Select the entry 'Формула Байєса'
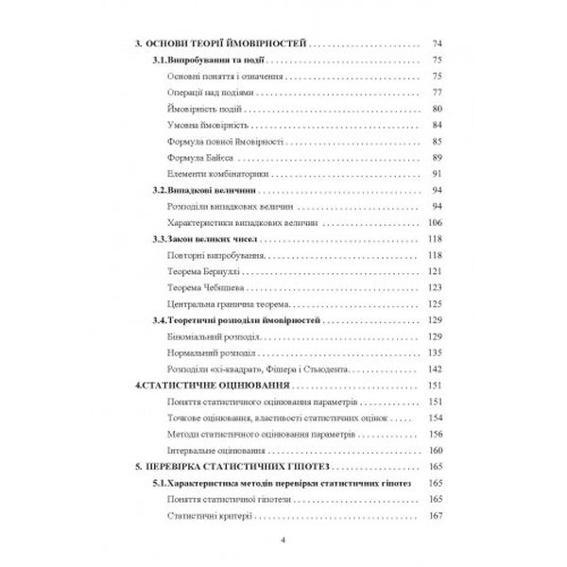click(198, 157)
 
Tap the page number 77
click(437, 93)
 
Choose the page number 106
click(435, 222)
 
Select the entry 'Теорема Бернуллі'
click(200, 271)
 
